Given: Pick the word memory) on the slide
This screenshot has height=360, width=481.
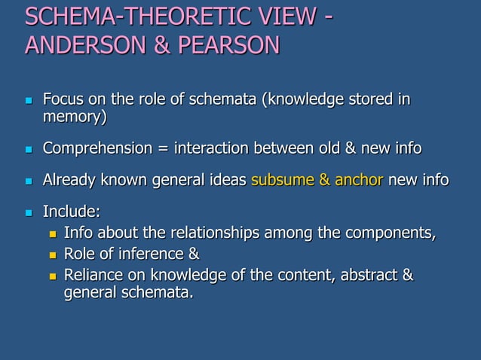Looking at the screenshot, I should click(75, 117).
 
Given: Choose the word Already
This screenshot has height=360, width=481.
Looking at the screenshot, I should click(69, 180).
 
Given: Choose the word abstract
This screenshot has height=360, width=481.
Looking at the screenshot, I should click(369, 275).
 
